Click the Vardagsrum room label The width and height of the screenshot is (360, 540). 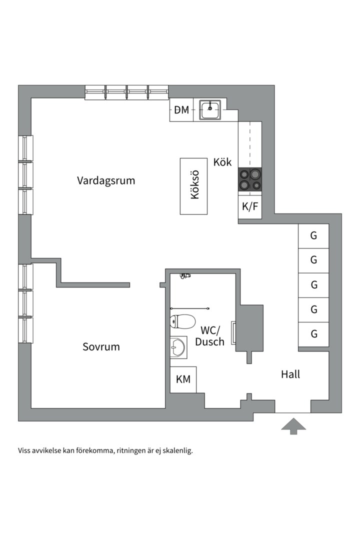(x=106, y=180)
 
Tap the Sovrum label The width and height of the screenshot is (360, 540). (x=101, y=346)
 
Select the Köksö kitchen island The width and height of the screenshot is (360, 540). (x=194, y=186)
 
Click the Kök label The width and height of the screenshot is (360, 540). (x=222, y=162)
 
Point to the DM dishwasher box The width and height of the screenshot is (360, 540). (x=182, y=110)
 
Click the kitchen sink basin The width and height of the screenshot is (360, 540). (x=210, y=109)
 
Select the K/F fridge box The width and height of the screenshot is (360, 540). (x=250, y=206)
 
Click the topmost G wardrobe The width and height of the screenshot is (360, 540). (x=314, y=236)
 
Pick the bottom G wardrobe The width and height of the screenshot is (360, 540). (x=314, y=334)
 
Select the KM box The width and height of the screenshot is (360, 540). (x=183, y=379)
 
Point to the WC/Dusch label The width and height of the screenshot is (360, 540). (x=210, y=336)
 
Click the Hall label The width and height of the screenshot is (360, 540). (x=290, y=374)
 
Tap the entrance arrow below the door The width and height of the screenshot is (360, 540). (x=293, y=426)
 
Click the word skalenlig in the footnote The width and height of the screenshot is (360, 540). (x=176, y=450)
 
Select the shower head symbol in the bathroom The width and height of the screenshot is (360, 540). (x=185, y=275)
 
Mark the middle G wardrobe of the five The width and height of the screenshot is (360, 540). (x=314, y=285)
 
